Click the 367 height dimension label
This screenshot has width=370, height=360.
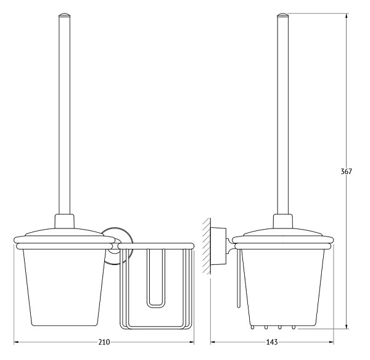tap(346, 171)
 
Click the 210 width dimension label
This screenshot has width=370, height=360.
tap(104, 342)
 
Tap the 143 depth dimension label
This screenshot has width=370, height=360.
tap(272, 342)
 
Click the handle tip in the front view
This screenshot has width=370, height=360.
tap(64, 15)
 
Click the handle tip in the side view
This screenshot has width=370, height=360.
tap(283, 15)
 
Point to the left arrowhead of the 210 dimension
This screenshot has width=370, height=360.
tap(17, 342)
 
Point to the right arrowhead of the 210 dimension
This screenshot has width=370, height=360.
tap(191, 342)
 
